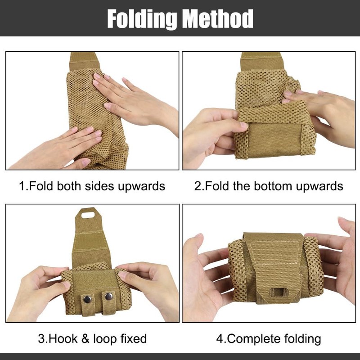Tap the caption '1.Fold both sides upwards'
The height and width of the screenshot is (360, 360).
[x=92, y=185]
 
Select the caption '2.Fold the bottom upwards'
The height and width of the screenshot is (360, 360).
[x=269, y=185]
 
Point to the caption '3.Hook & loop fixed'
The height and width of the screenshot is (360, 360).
[x=92, y=338]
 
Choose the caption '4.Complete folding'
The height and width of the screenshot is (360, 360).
[x=269, y=338]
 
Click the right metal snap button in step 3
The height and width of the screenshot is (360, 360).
[x=108, y=297]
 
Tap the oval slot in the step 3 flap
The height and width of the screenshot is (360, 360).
[x=90, y=214]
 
